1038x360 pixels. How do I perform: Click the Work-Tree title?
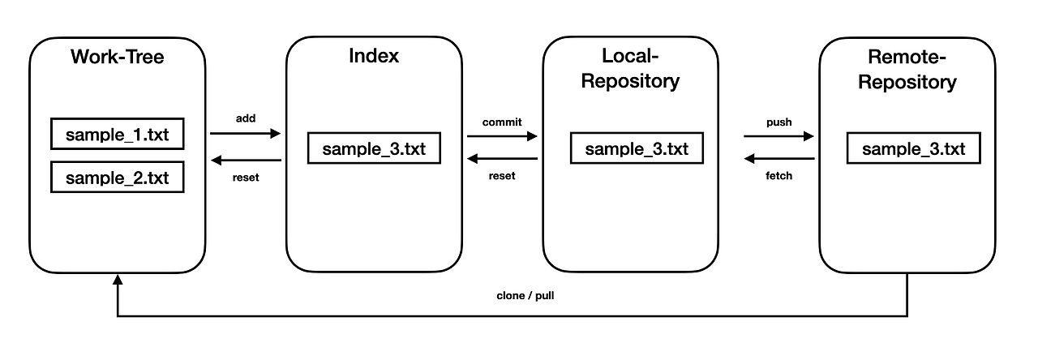click(x=117, y=58)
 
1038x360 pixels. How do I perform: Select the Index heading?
click(x=374, y=56)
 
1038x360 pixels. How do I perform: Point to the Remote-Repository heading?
click(x=907, y=70)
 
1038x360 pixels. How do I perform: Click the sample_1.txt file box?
click(x=117, y=135)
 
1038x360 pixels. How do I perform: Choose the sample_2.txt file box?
click(x=117, y=178)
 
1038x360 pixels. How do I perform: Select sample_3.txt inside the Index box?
click(x=374, y=149)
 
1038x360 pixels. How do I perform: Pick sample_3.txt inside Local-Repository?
click(x=636, y=149)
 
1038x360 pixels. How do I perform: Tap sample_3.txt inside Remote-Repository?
click(x=913, y=149)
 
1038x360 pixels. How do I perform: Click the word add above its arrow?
click(x=245, y=118)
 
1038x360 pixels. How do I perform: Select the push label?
click(x=778, y=122)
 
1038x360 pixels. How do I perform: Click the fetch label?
click(x=778, y=175)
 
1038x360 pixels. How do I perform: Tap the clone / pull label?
click(x=525, y=296)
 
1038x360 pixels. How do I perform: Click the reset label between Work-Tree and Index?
click(x=245, y=178)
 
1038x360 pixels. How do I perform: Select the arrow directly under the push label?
click(x=778, y=137)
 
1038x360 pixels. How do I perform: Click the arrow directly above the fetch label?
click(x=778, y=160)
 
